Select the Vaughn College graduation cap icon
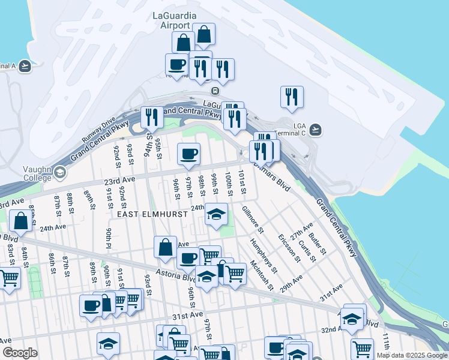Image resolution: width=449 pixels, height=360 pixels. coord(59,173)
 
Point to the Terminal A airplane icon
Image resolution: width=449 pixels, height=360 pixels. coord(25,66)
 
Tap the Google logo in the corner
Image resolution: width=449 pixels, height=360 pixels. coord(20,353)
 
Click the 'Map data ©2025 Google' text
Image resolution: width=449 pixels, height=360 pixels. coord(412,355)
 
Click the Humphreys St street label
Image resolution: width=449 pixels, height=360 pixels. coord(262,254)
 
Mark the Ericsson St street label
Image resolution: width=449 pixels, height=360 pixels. coord(288,248)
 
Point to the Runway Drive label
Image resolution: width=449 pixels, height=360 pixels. coord(98,130)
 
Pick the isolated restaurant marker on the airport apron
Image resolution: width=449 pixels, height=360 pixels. coord(292,97)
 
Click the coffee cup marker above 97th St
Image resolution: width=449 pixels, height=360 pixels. coord(188,154)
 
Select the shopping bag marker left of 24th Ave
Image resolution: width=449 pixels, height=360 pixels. coord(21,221)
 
